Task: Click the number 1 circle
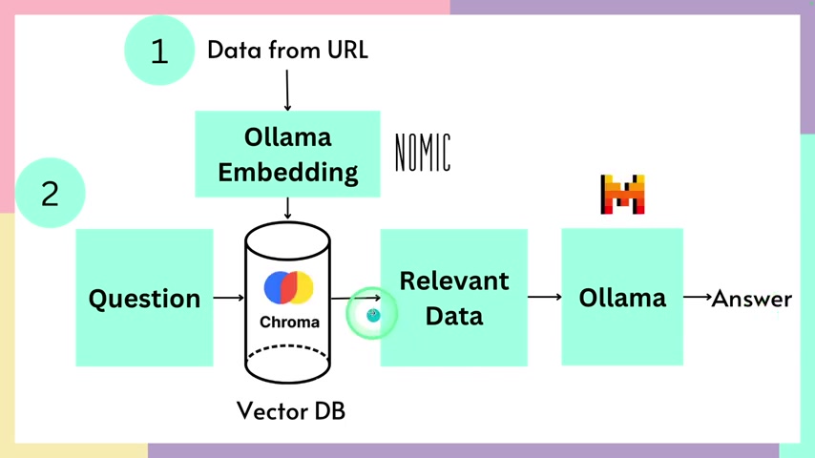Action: [159, 51]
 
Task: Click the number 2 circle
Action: [50, 194]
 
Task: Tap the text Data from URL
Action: [287, 50]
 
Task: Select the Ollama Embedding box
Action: [287, 155]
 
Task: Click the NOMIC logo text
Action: [423, 153]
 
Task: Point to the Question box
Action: [144, 298]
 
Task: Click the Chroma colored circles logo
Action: [288, 287]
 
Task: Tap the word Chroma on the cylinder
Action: [289, 322]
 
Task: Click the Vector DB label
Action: [291, 411]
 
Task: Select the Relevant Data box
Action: [453, 298]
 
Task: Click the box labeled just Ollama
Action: [622, 297]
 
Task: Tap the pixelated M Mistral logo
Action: [622, 195]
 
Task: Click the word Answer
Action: [752, 298]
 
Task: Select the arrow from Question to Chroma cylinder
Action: [229, 299]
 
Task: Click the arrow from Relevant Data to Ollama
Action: [544, 298]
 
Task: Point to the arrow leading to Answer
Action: [698, 298]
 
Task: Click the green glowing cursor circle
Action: [372, 314]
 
